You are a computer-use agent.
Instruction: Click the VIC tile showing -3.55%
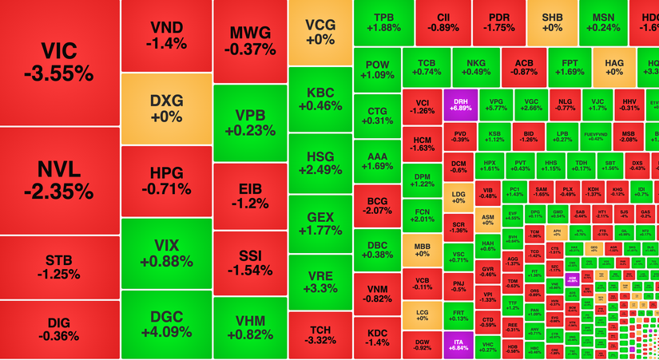(x=60, y=62)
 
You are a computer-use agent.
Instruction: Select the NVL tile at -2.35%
(x=60, y=180)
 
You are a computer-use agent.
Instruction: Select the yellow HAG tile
(x=613, y=67)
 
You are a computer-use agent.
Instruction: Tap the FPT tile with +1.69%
(x=570, y=66)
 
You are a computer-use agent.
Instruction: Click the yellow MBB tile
(x=422, y=250)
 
